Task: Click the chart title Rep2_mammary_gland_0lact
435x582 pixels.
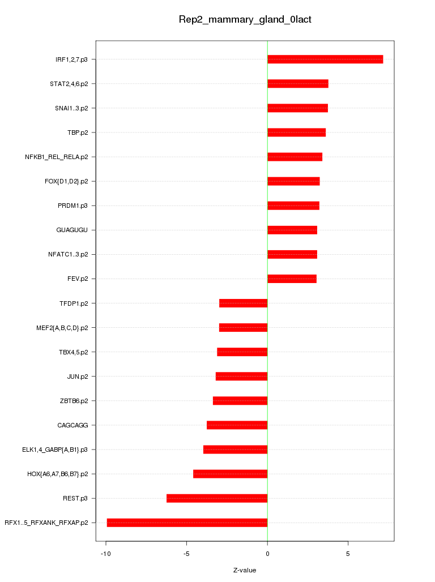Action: tap(245, 20)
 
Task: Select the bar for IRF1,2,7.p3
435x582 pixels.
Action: tap(325, 59)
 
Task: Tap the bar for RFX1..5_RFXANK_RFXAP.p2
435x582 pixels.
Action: tap(187, 523)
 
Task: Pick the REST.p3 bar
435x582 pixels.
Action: tap(217, 498)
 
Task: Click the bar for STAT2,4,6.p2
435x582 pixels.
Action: tap(298, 84)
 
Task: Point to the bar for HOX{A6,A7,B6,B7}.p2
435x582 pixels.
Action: tap(230, 474)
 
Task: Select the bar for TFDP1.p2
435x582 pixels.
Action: tap(243, 303)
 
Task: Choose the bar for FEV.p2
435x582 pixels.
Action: tap(292, 279)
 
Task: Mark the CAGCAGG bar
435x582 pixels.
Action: tap(237, 425)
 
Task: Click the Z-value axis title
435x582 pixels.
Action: tap(245, 570)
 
